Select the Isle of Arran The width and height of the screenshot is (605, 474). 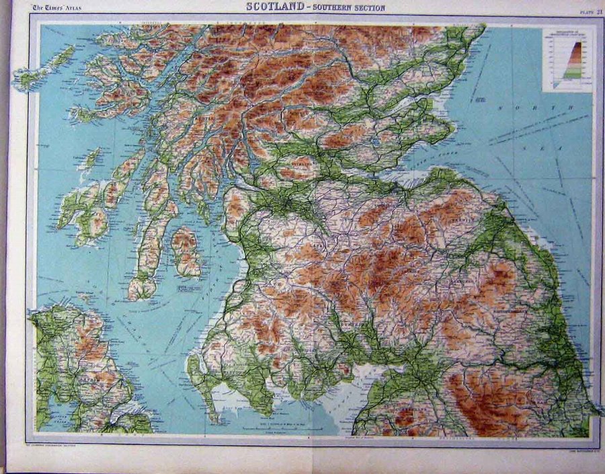click(186, 250)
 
